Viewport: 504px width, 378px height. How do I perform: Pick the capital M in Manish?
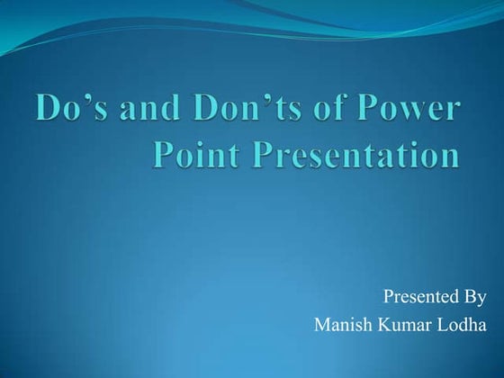(320, 325)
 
